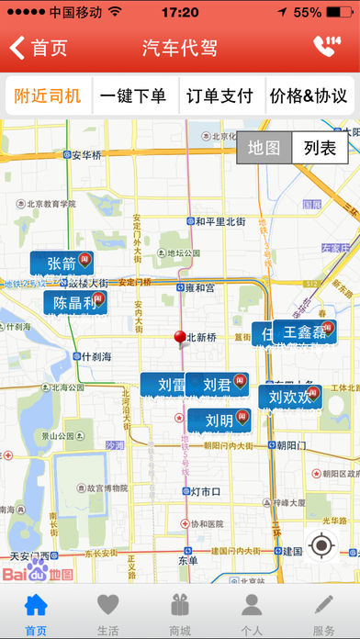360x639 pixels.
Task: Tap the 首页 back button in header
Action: (39, 49)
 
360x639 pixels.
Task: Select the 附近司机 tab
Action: (47, 95)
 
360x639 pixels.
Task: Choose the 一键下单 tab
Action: (134, 95)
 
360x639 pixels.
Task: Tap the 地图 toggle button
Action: (264, 148)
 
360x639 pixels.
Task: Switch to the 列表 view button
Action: (321, 148)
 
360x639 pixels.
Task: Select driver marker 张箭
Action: (63, 264)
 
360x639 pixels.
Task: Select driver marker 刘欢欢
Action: (290, 398)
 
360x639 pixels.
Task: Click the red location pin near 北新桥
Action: (180, 338)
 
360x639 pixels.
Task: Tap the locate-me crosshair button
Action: (321, 545)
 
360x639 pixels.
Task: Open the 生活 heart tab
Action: (107, 611)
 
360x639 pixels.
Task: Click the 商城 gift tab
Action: (180, 611)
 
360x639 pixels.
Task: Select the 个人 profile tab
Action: (252, 611)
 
